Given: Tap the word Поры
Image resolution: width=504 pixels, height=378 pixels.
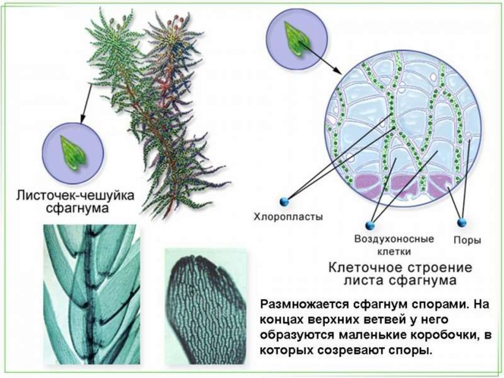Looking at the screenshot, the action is [x=467, y=241].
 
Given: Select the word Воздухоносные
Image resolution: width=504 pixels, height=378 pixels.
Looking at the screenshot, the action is [x=394, y=240].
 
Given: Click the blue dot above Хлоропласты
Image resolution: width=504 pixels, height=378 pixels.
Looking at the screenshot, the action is [x=284, y=201].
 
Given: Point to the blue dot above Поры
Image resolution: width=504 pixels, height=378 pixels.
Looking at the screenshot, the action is [x=461, y=222].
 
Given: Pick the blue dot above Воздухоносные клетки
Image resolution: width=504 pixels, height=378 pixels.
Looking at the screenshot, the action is [x=371, y=225].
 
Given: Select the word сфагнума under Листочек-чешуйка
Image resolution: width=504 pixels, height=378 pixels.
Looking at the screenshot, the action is [x=77, y=208].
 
